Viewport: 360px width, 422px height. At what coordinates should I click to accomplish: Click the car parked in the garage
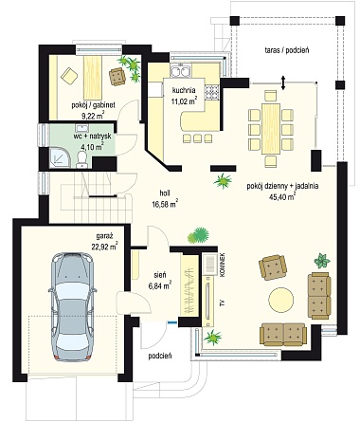point(72,306)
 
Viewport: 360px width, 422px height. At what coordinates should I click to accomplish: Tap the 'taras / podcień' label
point(286,50)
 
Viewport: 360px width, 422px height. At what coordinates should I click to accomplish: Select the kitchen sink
point(181,71)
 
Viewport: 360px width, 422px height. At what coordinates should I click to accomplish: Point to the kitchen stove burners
point(211,93)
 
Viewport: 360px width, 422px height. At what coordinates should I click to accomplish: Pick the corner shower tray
point(61,157)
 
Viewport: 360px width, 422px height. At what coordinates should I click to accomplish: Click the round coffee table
point(281,300)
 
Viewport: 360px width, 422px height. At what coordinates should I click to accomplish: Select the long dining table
point(271,129)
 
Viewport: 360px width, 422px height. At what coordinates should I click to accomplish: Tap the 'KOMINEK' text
point(223,265)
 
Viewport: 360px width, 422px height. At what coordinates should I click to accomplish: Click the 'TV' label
point(223,303)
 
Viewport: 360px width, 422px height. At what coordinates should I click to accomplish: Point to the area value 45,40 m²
point(282,196)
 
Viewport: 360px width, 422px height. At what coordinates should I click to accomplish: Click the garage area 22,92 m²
point(105,246)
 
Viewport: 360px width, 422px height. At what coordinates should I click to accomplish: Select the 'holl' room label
point(164,193)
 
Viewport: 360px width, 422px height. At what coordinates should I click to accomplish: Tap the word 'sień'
point(160,275)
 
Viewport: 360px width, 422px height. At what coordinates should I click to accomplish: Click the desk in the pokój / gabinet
point(93,77)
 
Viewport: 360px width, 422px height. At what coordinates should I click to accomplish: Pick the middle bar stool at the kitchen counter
point(197,138)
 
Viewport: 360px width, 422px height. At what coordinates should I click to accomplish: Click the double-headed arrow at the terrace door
point(283,83)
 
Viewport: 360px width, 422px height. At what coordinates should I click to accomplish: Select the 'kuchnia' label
point(184,90)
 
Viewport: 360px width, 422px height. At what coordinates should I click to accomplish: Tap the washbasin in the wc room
point(81,128)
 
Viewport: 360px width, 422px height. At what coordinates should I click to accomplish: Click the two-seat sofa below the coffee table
point(283,335)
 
